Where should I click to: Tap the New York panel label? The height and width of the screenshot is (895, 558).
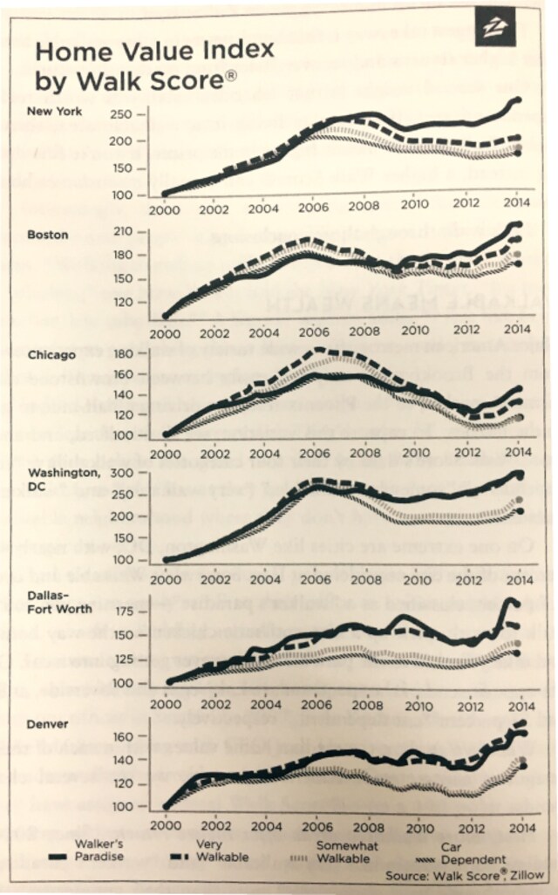54,112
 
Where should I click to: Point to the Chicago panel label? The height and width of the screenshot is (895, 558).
50,355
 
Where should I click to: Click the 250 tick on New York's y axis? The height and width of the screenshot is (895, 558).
121,115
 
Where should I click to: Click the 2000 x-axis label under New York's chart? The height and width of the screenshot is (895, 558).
164,210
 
